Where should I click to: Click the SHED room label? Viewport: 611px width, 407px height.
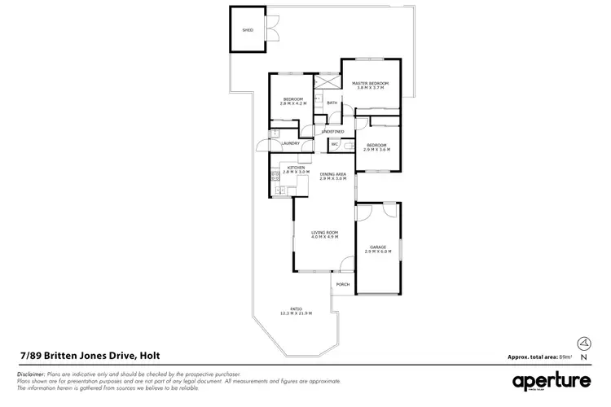coord(248,30)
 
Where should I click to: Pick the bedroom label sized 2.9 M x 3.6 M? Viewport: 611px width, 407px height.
coord(377,147)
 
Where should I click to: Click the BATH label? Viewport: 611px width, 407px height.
coord(332,103)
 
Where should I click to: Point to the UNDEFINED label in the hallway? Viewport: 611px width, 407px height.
coord(332,131)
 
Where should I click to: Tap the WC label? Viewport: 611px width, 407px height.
coord(334,144)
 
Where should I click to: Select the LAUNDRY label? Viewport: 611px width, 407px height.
coord(290,144)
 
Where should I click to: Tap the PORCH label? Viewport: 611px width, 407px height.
coord(343,285)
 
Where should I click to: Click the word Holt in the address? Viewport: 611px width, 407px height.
coord(149,355)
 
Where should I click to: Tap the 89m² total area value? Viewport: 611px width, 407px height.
coord(565,357)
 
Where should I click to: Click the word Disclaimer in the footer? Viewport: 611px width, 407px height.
coord(31,373)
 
